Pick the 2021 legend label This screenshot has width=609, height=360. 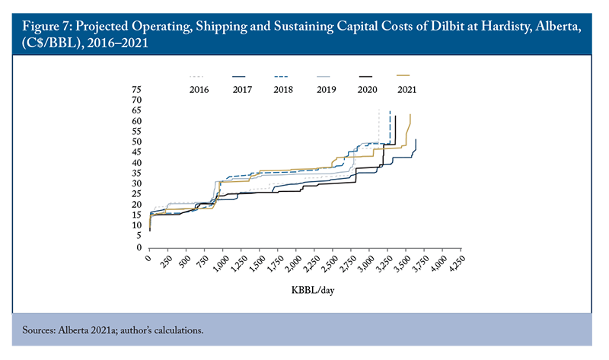coord(407,89)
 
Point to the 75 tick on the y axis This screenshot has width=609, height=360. coord(137,89)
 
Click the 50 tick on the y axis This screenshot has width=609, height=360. coord(137,142)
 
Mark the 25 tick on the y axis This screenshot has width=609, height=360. coord(137,194)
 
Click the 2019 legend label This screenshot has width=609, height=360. coord(326,89)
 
